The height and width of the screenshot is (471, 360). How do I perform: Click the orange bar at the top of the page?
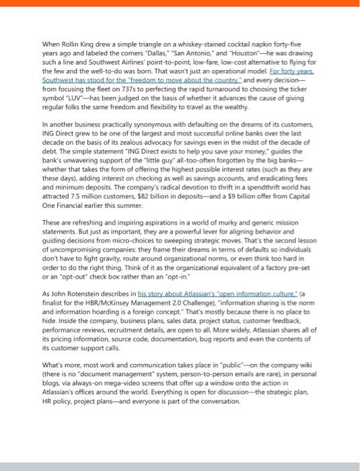click(180, 3)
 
